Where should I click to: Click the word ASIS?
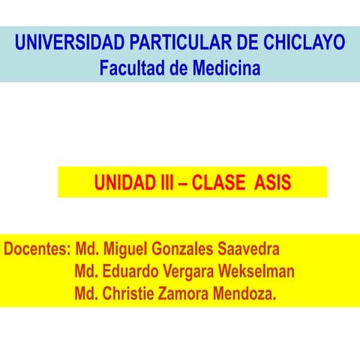tap(272, 182)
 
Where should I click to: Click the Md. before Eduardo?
tap(88, 271)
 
